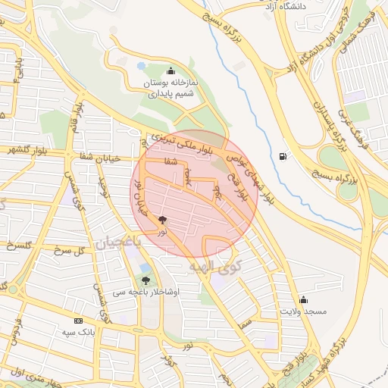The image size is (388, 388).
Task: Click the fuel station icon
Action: (283, 156)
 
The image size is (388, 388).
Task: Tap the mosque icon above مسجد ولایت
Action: (304, 299)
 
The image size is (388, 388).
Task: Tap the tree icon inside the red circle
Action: (163, 221)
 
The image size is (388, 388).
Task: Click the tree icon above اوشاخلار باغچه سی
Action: (145, 280)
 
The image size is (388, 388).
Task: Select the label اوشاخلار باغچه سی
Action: (146, 292)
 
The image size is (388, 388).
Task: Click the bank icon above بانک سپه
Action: (77, 321)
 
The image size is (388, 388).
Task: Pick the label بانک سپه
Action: (77, 333)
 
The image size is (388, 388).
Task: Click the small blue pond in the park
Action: (141, 66)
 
